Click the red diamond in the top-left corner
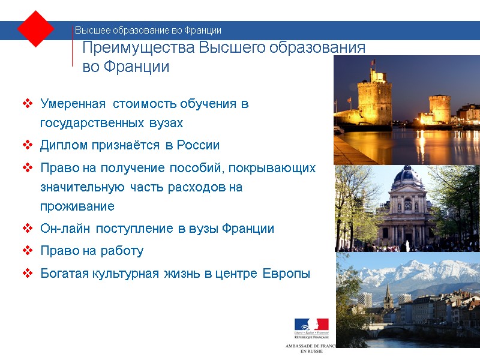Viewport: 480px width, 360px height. (36, 29)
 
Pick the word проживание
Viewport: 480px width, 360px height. (77, 206)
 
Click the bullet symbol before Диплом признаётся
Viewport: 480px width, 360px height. (28, 145)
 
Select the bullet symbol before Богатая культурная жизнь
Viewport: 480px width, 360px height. (28, 274)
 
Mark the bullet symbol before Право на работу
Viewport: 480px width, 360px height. (28, 251)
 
